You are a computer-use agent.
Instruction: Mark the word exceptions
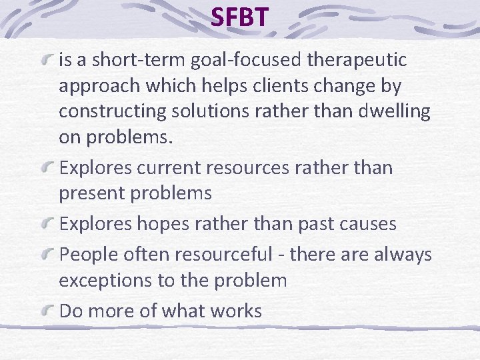pos(107,280)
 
